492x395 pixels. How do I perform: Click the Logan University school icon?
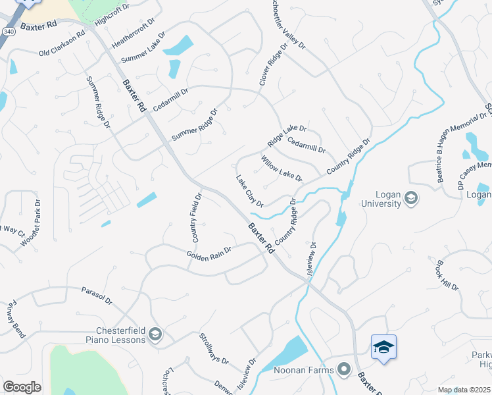click(x=411, y=197)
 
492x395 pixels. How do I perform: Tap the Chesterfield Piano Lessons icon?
click(x=155, y=335)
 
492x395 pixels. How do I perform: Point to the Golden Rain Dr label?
click(x=209, y=253)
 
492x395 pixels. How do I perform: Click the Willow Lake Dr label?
click(x=281, y=169)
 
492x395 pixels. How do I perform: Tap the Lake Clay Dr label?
click(x=249, y=190)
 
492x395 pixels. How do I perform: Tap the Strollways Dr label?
click(x=214, y=349)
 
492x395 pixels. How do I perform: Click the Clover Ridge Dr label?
click(x=274, y=65)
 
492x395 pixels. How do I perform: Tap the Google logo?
click(x=22, y=386)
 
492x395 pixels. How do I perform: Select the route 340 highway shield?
click(x=8, y=32)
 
